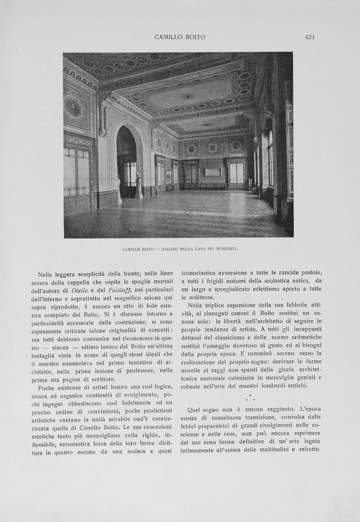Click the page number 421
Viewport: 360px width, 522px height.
tap(310, 37)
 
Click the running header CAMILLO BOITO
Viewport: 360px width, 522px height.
tap(179, 37)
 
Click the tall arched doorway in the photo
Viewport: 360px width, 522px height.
tap(126, 162)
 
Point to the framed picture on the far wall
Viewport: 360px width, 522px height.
tap(212, 172)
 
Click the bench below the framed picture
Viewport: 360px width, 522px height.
tap(213, 185)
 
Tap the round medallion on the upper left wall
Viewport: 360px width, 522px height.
tap(73, 108)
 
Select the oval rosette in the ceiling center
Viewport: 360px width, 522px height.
tap(188, 96)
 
